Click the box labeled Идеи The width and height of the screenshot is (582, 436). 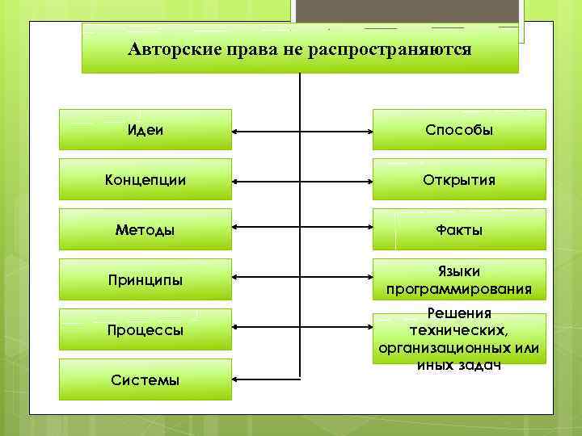coord(145,129)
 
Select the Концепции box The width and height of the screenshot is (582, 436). coord(145,179)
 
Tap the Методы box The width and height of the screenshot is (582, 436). coord(145,229)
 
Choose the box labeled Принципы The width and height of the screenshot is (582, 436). coord(145,279)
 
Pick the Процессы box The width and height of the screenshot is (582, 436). coord(145,329)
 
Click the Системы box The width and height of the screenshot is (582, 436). coord(145,379)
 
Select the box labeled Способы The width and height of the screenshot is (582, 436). coord(459,129)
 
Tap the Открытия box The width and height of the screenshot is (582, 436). coord(459,179)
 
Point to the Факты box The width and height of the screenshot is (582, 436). coord(459,229)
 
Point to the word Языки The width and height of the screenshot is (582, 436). coord(459,272)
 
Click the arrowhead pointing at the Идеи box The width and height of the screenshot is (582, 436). coord(237,129)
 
